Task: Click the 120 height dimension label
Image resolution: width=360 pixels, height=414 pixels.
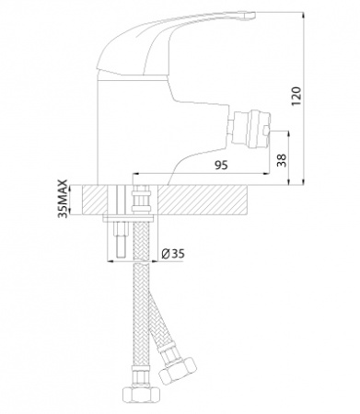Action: click(x=296, y=97)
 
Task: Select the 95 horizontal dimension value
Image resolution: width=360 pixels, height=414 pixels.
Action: click(x=221, y=165)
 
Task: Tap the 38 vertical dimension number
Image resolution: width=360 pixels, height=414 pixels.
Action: click(x=282, y=160)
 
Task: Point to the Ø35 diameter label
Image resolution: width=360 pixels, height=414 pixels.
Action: click(x=173, y=254)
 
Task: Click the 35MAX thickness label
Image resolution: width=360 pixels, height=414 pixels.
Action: click(x=63, y=199)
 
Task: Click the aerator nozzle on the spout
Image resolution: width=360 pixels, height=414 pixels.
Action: click(x=251, y=128)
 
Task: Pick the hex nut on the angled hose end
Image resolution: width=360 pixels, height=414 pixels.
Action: click(x=177, y=368)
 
